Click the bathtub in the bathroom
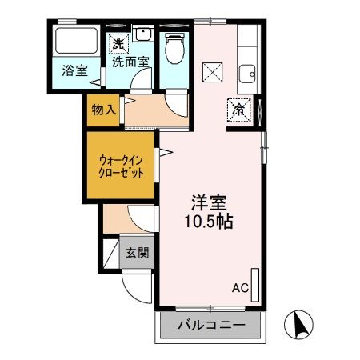point(75,42)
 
